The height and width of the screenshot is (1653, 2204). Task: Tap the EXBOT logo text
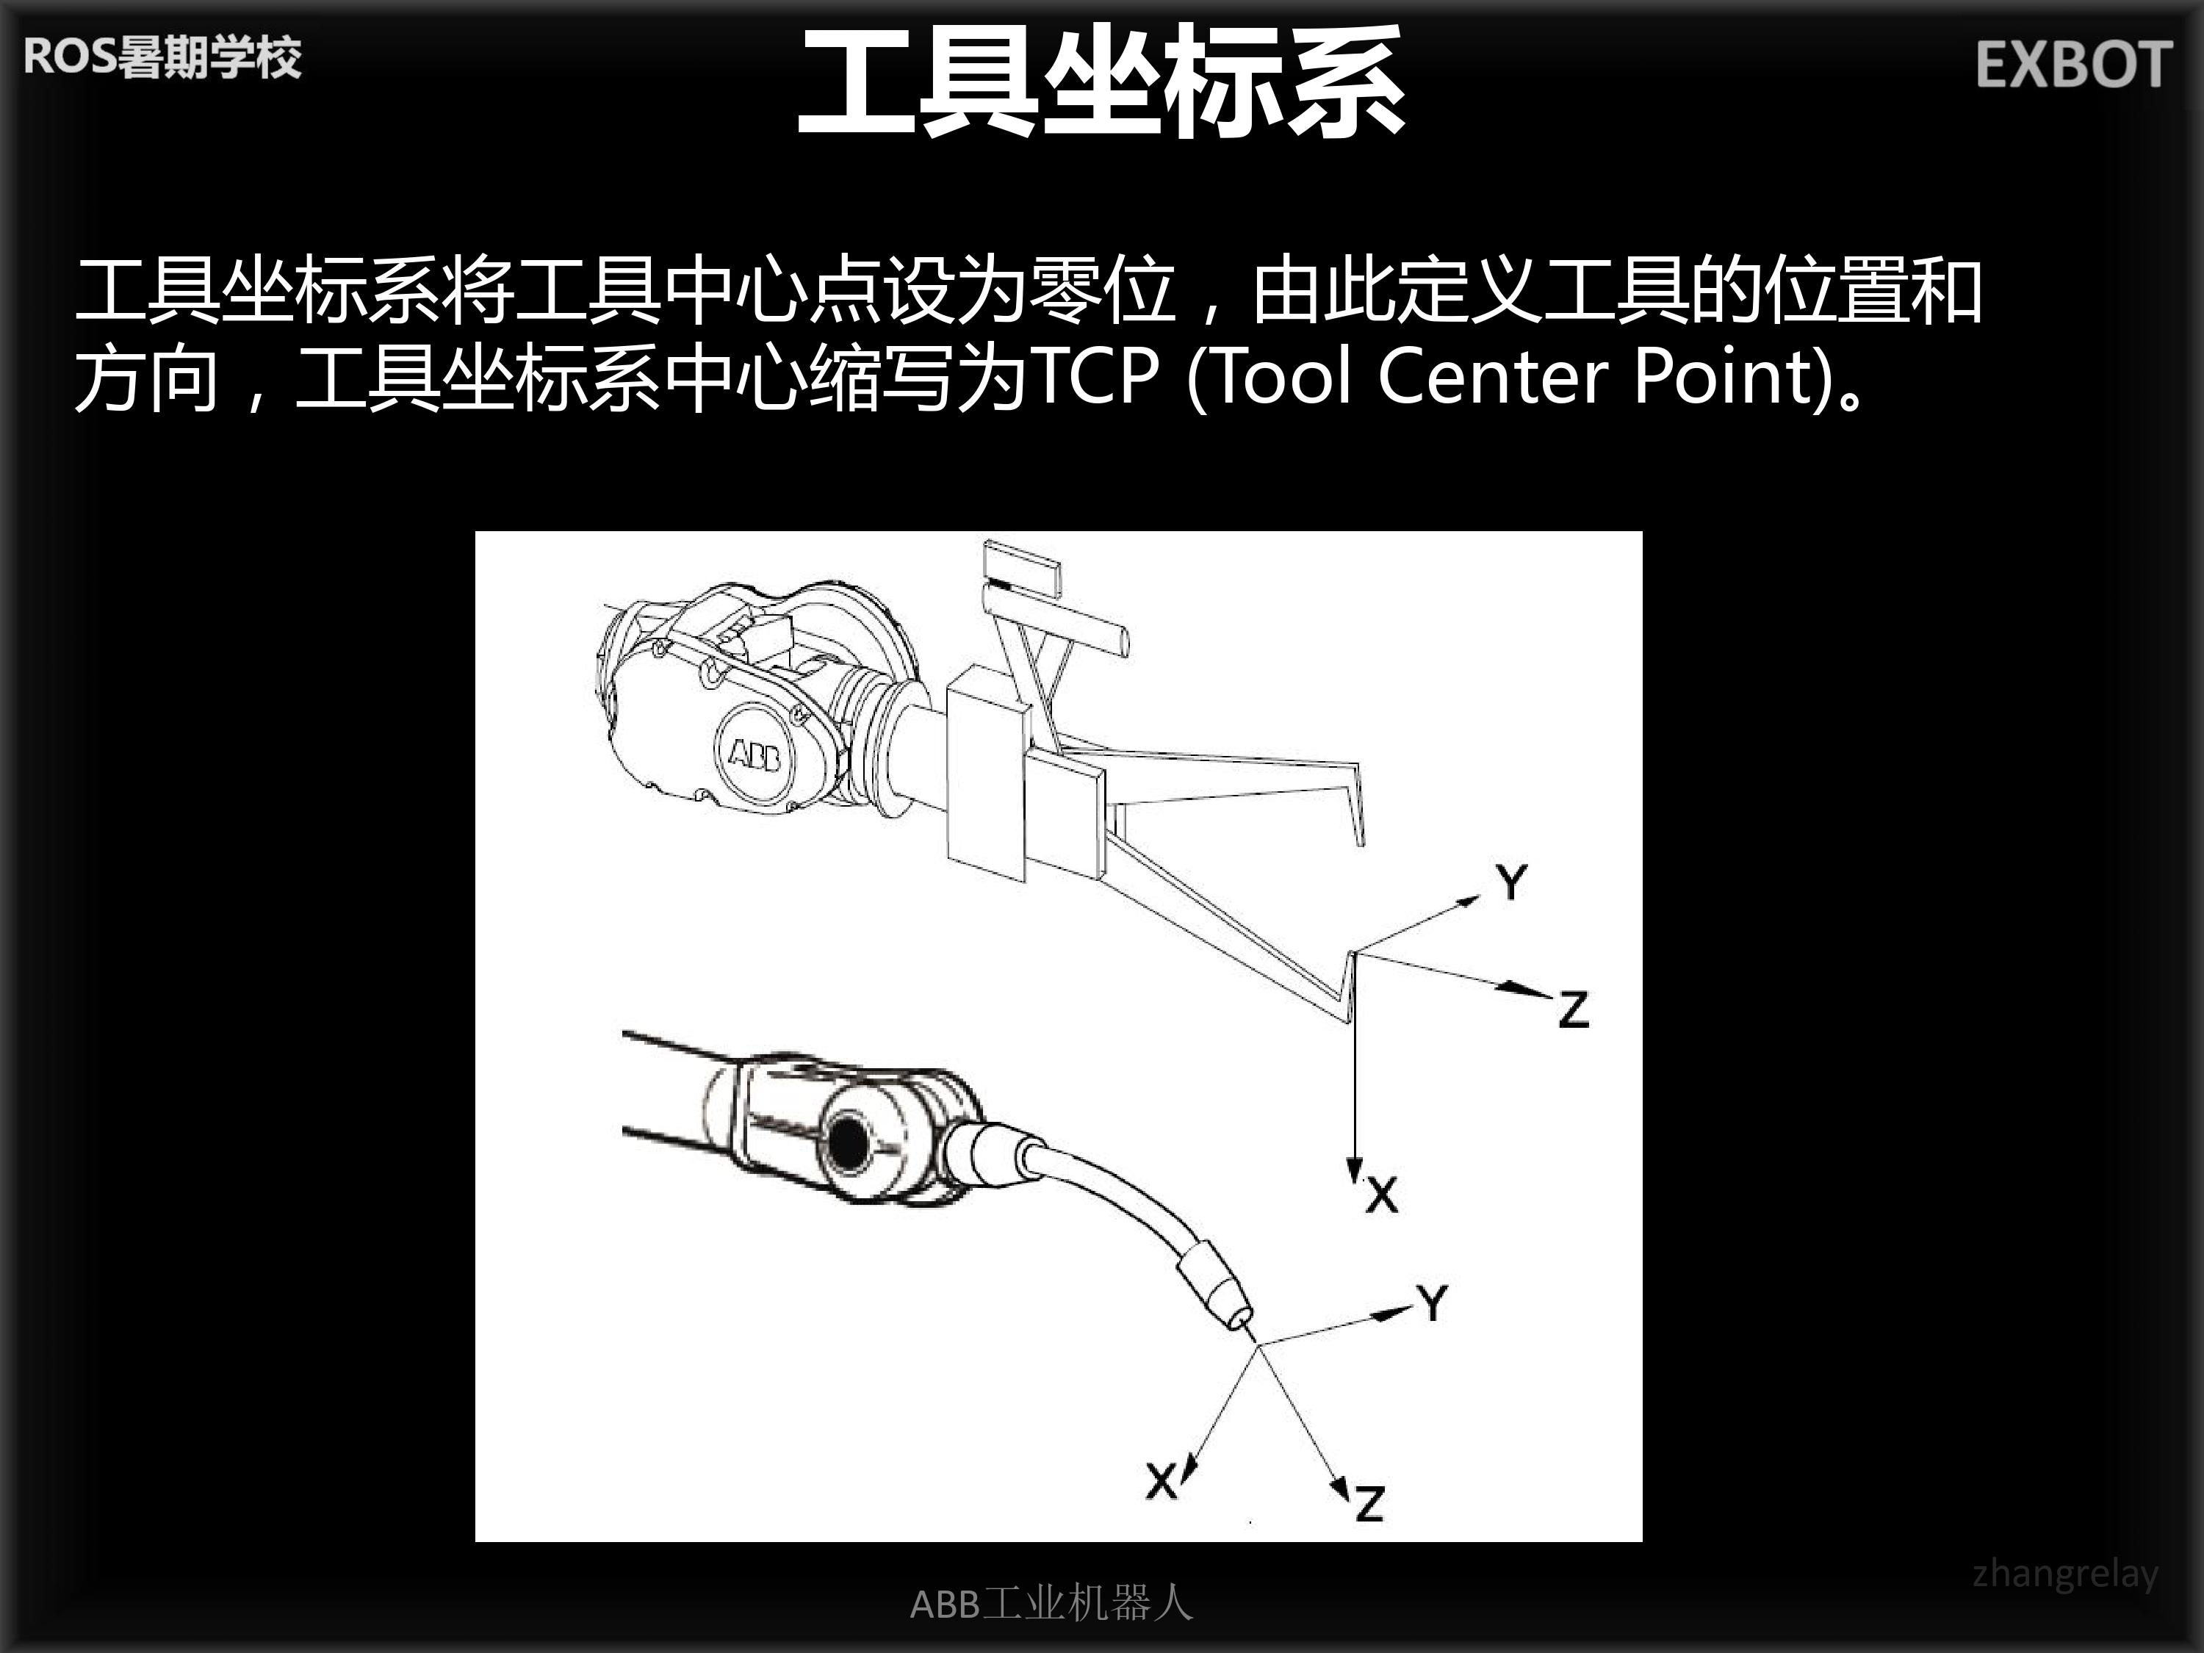2073,66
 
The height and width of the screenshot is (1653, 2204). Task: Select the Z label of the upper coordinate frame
1574,1009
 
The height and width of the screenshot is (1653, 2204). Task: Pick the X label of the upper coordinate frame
1382,1194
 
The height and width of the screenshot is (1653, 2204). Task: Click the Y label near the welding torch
1433,1303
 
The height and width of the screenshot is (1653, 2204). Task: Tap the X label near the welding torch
1162,1480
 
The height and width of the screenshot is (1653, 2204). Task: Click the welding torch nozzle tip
1242,1323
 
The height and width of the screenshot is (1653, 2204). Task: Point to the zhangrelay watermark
2065,1574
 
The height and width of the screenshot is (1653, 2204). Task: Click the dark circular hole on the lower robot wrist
850,1142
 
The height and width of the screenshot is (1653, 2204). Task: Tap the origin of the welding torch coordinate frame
1259,1346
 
